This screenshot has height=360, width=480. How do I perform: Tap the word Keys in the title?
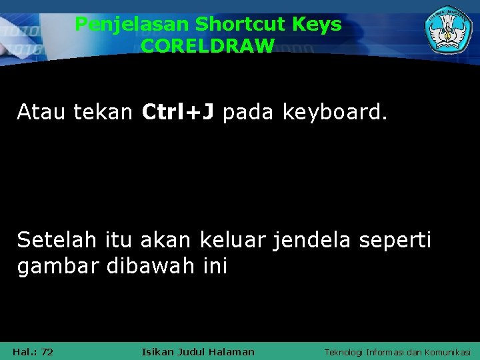(x=318, y=25)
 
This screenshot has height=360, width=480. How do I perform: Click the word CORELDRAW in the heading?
(x=207, y=45)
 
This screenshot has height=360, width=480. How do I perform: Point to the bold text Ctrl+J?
(x=178, y=113)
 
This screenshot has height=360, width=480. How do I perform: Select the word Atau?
(x=42, y=113)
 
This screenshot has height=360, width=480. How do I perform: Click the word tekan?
(x=103, y=113)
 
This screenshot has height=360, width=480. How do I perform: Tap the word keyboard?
(x=334, y=113)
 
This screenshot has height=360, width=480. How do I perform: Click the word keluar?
(x=229, y=239)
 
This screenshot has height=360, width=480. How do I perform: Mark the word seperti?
(x=395, y=241)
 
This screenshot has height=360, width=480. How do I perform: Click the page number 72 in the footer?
(x=47, y=352)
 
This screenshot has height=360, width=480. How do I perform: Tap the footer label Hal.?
(x=25, y=352)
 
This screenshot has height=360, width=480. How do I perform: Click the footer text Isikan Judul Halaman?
(x=198, y=352)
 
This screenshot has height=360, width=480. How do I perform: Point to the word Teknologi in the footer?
(x=344, y=352)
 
